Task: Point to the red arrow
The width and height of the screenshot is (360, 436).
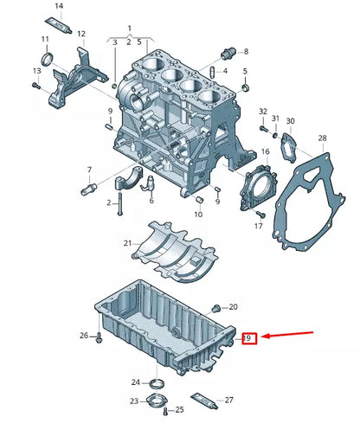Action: [291, 334]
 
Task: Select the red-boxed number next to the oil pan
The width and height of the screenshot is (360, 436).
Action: [248, 338]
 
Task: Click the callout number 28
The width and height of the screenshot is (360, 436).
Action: [322, 138]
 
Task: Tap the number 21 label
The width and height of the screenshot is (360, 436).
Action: [127, 243]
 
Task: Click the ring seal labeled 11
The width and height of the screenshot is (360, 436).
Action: [47, 59]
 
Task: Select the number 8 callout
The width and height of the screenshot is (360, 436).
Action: [244, 52]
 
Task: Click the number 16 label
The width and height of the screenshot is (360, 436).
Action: [266, 152]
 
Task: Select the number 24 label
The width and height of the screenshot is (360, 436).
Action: [136, 381]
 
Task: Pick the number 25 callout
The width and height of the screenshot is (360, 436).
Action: [179, 409]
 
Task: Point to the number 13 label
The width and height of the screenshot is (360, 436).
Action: [37, 70]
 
